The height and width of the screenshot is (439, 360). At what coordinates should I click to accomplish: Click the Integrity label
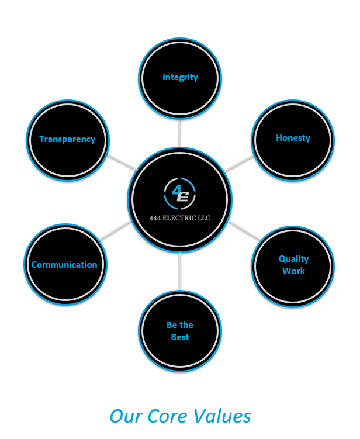click(x=180, y=77)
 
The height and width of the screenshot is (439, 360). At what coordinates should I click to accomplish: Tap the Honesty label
click(x=293, y=138)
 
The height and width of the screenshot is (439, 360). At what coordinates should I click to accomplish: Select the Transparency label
click(x=67, y=139)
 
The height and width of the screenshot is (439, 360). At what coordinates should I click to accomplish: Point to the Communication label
click(x=64, y=265)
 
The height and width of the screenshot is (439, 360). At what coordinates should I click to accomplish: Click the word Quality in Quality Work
click(x=293, y=259)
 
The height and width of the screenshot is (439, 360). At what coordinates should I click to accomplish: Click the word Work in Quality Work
click(x=293, y=271)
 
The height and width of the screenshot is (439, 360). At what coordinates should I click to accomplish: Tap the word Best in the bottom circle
click(x=180, y=337)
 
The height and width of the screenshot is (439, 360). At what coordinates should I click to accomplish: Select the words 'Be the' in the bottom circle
click(x=180, y=325)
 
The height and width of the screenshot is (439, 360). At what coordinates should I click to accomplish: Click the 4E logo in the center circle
click(x=180, y=195)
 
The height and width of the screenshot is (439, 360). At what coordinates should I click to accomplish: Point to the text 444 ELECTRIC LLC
click(x=180, y=219)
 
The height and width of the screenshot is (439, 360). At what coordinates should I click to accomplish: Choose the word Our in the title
click(x=124, y=416)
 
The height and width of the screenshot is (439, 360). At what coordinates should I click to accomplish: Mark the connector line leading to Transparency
click(x=122, y=163)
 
